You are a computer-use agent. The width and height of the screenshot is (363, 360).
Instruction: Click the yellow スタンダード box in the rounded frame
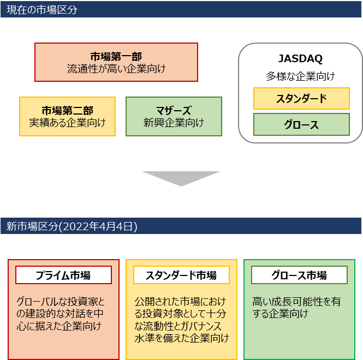click(301, 99)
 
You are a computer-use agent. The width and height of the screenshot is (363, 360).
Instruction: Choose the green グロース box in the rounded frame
click(301, 125)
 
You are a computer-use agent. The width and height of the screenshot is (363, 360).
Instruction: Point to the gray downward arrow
click(181, 178)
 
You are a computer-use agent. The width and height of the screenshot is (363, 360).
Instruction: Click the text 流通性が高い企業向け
click(116, 69)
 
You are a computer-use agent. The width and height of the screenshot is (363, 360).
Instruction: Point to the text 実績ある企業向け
click(67, 123)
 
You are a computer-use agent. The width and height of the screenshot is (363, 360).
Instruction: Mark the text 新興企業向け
click(174, 123)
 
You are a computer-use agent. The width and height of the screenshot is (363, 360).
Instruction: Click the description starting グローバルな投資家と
click(60, 314)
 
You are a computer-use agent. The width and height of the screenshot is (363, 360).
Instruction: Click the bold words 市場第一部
click(116, 57)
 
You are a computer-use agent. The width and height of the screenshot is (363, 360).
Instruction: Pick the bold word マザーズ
click(174, 111)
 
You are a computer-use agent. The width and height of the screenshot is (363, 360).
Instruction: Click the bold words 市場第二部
click(67, 111)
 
